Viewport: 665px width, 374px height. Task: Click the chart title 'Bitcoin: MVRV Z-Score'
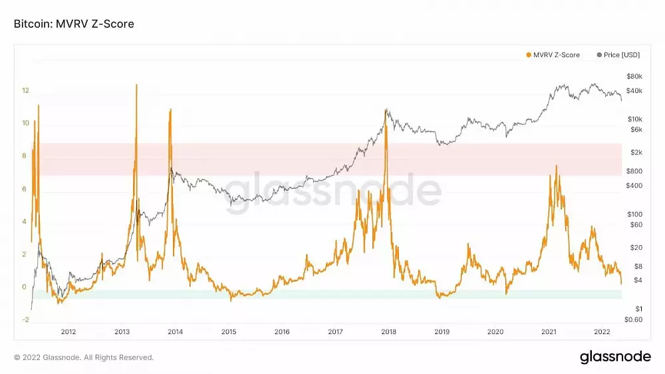[x=74, y=24]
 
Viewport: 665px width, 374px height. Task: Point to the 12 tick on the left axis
[x=25, y=90]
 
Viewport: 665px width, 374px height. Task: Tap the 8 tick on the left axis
[x=24, y=156]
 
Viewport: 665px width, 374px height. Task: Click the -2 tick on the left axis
[x=25, y=320]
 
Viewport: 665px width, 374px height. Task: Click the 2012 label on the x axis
[x=68, y=331]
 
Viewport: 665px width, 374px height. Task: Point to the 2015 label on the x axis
[x=228, y=331]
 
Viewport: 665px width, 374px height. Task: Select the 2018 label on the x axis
[x=388, y=331]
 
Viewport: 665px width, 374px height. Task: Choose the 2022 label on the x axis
[x=602, y=331]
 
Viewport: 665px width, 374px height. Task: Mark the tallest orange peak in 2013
[x=136, y=85]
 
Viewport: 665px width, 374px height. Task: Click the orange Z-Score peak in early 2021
[x=557, y=166]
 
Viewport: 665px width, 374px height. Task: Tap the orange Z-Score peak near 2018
[x=385, y=110]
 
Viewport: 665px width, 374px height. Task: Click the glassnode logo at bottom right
[x=615, y=357]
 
